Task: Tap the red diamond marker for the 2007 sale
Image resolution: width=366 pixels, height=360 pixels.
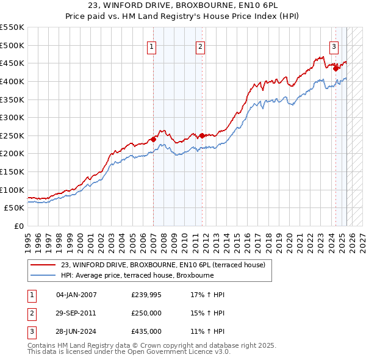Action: point(153,139)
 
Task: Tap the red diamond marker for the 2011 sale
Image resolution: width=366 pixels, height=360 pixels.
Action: point(202,135)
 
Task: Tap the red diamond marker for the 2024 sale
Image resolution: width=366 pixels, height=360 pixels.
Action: point(335,68)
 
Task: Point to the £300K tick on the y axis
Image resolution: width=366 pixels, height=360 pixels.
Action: point(12,117)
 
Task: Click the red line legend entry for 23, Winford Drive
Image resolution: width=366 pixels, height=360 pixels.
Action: point(163,265)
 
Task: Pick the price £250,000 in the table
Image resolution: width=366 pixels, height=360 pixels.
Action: point(146,313)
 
